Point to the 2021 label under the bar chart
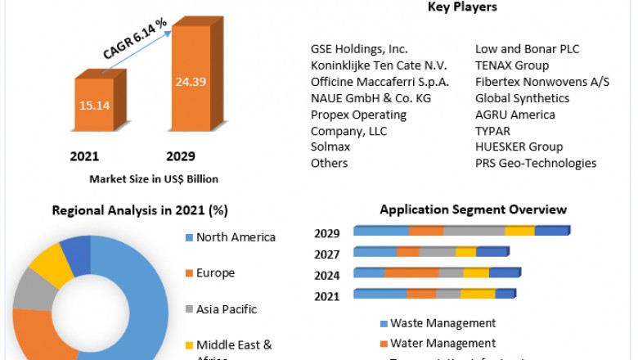click(84, 156)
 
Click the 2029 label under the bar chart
click(181, 156)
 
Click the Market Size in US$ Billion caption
click(154, 178)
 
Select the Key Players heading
click(462, 7)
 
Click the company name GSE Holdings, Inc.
click(359, 49)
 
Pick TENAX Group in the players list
click(512, 65)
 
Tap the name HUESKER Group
click(519, 146)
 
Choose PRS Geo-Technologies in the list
click(536, 163)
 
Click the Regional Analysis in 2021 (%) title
click(140, 210)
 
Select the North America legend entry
click(236, 237)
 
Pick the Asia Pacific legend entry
click(227, 309)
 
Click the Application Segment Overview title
click(473, 210)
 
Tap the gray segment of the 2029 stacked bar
click(474, 232)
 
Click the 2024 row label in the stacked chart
click(327, 274)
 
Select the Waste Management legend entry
click(443, 323)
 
